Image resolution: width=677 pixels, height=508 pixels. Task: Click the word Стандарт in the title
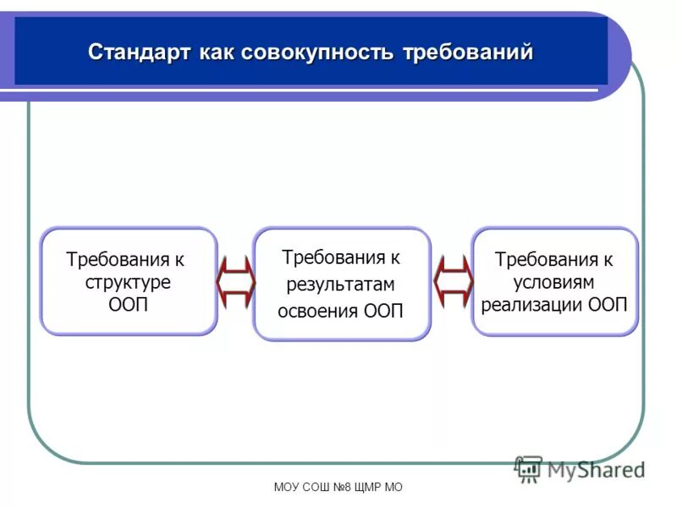[x=140, y=52]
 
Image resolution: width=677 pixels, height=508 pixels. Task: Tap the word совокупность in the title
[x=317, y=52]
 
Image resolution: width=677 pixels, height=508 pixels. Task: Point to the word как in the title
[x=217, y=52]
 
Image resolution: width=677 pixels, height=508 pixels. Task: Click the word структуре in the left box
[x=128, y=282]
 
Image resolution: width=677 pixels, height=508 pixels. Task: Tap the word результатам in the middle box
[x=340, y=284]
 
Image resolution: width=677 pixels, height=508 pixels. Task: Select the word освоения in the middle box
[x=318, y=311]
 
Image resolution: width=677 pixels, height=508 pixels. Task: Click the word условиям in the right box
[x=554, y=282]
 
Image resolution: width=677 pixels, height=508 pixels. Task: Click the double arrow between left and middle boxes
[x=235, y=281]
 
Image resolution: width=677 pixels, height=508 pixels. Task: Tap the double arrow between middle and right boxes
[x=452, y=281]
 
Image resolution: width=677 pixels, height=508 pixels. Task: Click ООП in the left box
[x=128, y=305]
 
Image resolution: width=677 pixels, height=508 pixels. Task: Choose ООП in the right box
[x=608, y=305]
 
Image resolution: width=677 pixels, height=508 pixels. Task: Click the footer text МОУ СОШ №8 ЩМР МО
[x=338, y=488]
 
